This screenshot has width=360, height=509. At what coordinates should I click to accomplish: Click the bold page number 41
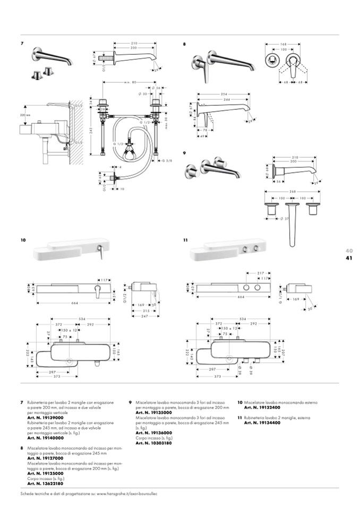point(349,258)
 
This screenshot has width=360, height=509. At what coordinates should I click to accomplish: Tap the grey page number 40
point(349,251)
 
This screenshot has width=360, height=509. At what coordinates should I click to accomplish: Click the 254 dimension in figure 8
point(225,94)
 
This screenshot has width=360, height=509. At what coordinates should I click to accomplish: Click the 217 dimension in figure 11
point(261,273)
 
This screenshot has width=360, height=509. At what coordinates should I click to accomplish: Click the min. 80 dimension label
point(130,82)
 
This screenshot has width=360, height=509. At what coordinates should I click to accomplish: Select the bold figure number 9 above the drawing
point(184,152)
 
